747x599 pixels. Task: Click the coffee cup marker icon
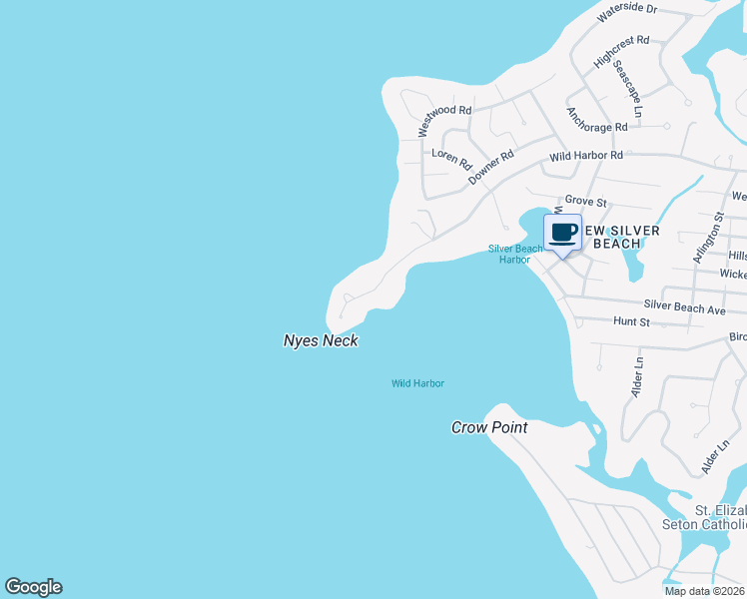(562, 234)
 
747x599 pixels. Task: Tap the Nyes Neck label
(321, 341)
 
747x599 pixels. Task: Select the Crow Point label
(489, 427)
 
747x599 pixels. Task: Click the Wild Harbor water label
(417, 383)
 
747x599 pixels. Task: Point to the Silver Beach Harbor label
(515, 255)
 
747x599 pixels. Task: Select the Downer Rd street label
(491, 165)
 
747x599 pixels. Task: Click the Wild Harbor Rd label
(586, 156)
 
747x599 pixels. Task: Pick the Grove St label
(586, 202)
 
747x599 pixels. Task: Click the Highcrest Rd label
(621, 52)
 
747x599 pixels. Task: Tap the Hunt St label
(631, 322)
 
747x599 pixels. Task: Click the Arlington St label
(707, 238)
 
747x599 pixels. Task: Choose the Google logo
(33, 587)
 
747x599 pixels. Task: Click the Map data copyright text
(705, 591)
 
